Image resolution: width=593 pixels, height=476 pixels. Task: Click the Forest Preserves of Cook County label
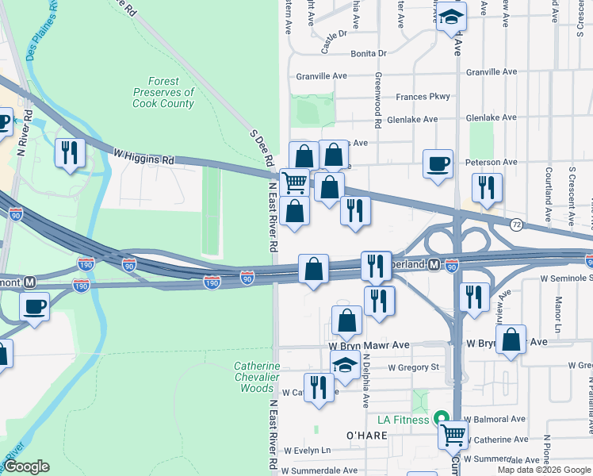[x=163, y=93]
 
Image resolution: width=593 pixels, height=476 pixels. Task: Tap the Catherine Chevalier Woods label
[x=256, y=377]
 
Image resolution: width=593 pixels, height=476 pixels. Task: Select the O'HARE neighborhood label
[x=365, y=435]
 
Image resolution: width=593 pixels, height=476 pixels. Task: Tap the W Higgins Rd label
[x=143, y=156]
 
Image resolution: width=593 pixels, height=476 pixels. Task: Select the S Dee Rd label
[x=262, y=148]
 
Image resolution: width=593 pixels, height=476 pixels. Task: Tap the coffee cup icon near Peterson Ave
[x=438, y=164]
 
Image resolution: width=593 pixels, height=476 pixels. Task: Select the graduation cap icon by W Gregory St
[x=344, y=365]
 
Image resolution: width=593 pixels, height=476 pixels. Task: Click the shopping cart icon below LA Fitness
[x=452, y=433]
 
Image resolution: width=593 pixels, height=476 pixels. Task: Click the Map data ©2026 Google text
[x=544, y=470]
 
